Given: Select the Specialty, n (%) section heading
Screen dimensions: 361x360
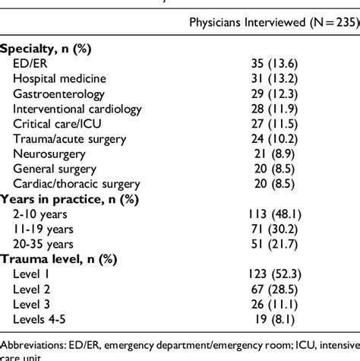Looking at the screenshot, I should coord(46,48).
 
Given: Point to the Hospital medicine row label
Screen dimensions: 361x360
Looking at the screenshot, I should coord(63,78).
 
